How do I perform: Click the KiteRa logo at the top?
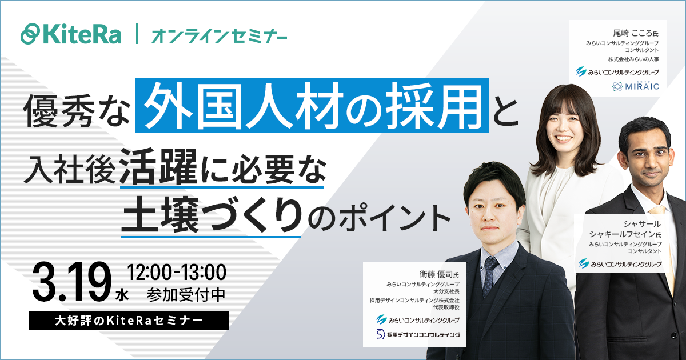pyautogui.click(x=71, y=34)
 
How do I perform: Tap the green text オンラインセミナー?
pyautogui.click(x=220, y=36)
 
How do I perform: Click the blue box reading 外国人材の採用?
pyautogui.click(x=312, y=106)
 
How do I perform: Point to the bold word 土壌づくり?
pyautogui.click(x=212, y=215)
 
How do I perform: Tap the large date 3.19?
pyautogui.click(x=71, y=281)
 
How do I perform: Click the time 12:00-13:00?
pyautogui.click(x=177, y=272)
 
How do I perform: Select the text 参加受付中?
pyautogui.click(x=186, y=295)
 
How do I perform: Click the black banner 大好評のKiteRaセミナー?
pyautogui.click(x=129, y=321)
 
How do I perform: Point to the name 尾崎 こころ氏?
pyautogui.click(x=636, y=33)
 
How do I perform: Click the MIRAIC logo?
pyautogui.click(x=635, y=86)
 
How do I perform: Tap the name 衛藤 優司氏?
pyautogui.click(x=439, y=274)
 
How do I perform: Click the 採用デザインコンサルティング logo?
pyautogui.click(x=418, y=334)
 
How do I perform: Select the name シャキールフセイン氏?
pyautogui.click(x=625, y=234)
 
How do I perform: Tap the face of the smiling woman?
pyautogui.click(x=564, y=126)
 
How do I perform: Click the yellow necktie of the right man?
pyautogui.click(x=664, y=245)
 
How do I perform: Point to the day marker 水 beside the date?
pyautogui.click(x=122, y=296)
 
